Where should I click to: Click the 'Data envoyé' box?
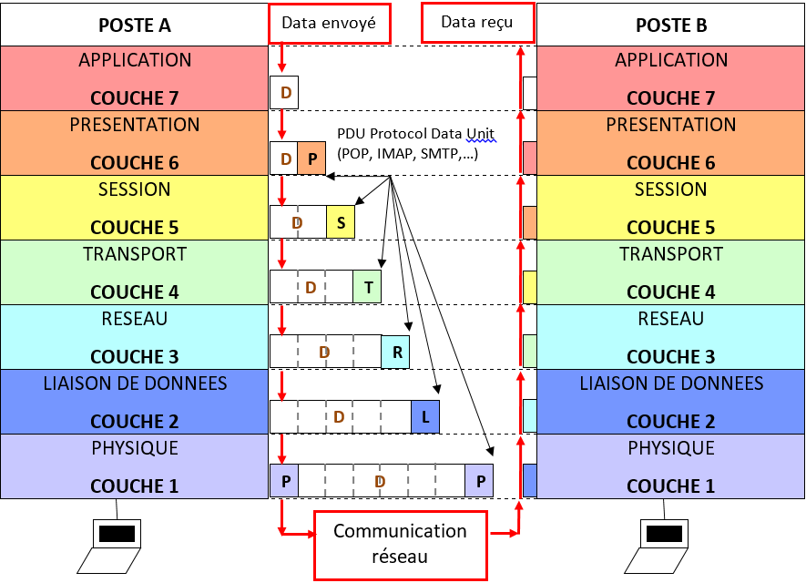tap(329, 23)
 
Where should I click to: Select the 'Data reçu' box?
tap(477, 22)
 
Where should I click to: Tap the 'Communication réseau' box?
tap(400, 543)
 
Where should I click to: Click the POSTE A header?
tap(134, 25)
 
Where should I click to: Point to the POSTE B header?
tap(671, 25)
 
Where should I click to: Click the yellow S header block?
tap(341, 222)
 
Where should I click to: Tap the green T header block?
tap(367, 287)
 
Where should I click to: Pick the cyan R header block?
tap(396, 352)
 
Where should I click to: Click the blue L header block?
tap(425, 416)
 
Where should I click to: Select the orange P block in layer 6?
tap(311, 159)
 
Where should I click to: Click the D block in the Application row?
tap(284, 93)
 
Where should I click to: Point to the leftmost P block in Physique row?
tap(284, 481)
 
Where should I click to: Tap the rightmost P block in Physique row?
tap(479, 481)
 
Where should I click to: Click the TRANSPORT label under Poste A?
tap(134, 254)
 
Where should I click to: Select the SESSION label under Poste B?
tap(671, 189)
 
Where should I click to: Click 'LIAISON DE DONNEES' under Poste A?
tap(134, 384)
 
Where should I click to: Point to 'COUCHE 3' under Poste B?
tap(671, 356)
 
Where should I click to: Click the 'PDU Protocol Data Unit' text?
tap(415, 132)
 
